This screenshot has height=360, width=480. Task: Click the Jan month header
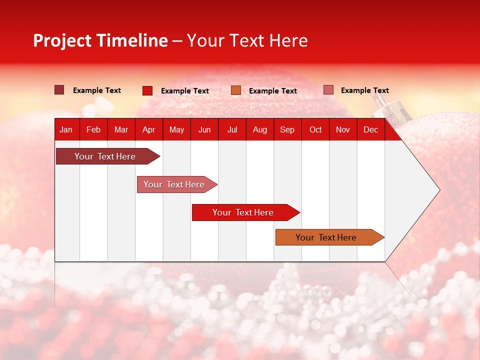point(66,130)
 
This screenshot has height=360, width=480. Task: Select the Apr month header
point(149,130)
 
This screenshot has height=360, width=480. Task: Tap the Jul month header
point(232,130)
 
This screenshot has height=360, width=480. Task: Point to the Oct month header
point(315,130)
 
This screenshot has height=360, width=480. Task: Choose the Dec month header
point(370,130)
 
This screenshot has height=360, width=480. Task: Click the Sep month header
point(287,130)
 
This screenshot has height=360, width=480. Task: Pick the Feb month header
point(93,130)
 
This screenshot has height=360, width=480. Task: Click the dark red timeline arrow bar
point(108,156)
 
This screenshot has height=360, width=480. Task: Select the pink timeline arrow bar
point(177,184)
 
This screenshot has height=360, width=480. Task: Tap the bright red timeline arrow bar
point(246,212)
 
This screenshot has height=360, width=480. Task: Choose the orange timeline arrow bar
point(330,237)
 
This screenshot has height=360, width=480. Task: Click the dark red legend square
point(59,90)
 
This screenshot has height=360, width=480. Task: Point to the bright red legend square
point(147,90)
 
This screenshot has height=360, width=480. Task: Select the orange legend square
point(236,90)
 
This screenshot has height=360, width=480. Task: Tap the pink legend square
point(328,89)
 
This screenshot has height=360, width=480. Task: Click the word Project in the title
point(62,41)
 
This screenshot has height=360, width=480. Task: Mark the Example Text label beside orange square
point(273,91)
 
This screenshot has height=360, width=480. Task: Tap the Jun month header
point(204,130)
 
